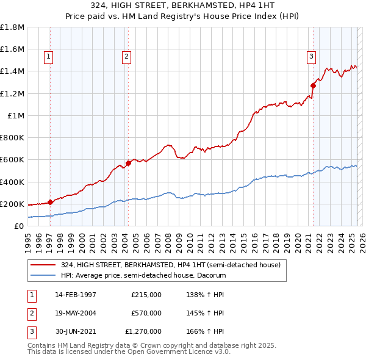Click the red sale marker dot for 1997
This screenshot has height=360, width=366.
click(x=50, y=202)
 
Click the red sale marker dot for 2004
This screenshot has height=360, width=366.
click(x=128, y=163)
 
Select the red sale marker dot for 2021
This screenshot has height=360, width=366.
click(x=313, y=85)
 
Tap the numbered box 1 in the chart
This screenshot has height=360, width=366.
click(x=48, y=57)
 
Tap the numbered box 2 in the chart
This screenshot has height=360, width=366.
click(x=126, y=57)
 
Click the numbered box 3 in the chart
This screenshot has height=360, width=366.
click(x=310, y=57)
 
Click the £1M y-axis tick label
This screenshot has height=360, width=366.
click(x=15, y=115)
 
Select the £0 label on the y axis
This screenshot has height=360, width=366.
click(x=18, y=226)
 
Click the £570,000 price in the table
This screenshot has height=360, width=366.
click(x=146, y=313)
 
